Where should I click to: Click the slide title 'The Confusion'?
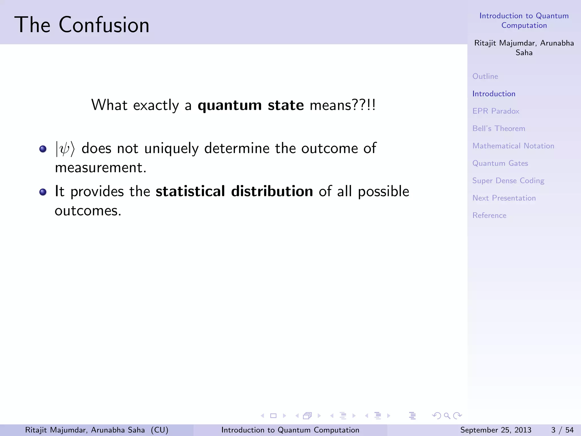click(82, 25)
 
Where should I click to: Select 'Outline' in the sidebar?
click(485, 76)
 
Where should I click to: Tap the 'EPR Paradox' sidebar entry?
click(496, 111)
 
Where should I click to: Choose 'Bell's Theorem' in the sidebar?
click(498, 129)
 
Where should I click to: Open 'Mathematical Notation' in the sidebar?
click(513, 146)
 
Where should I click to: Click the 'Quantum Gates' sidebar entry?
click(500, 163)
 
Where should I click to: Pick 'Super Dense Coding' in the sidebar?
click(508, 181)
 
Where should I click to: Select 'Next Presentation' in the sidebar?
click(504, 198)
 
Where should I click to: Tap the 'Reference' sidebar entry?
click(489, 215)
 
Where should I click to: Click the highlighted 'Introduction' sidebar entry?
click(494, 94)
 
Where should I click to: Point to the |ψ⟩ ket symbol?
click(65, 148)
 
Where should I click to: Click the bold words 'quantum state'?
click(251, 105)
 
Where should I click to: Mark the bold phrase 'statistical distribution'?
click(234, 191)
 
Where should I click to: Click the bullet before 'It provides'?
click(43, 192)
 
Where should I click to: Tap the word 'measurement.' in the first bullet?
click(100, 167)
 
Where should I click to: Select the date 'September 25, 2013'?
click(496, 430)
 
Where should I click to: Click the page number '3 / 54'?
click(562, 430)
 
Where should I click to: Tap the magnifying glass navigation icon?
click(447, 416)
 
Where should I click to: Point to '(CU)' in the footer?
click(159, 430)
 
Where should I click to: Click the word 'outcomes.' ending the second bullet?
click(88, 211)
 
